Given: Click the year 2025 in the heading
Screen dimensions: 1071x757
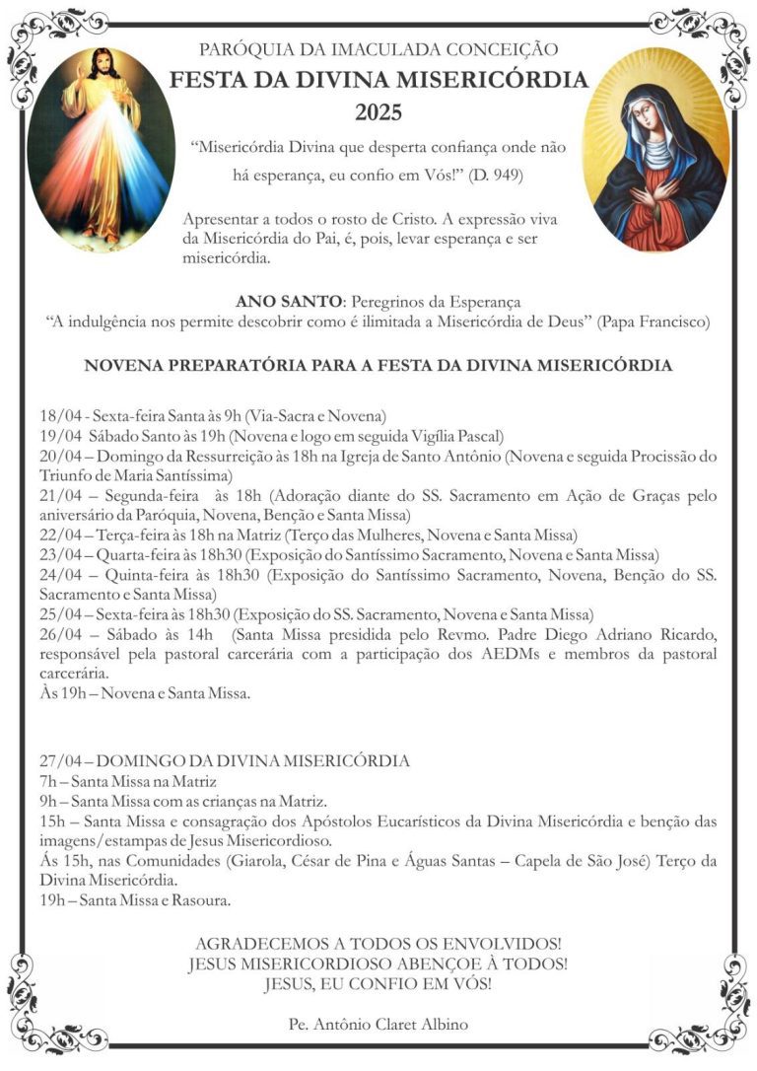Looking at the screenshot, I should [378, 112].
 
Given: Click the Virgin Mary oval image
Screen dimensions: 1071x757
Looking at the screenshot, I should [656, 148].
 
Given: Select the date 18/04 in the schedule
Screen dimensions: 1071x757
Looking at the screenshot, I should [58, 416].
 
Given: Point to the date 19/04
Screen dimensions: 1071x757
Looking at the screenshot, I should [58, 436].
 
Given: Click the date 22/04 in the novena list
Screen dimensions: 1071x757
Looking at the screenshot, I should [58, 535].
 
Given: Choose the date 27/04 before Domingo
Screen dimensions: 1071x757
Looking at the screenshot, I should [58, 761].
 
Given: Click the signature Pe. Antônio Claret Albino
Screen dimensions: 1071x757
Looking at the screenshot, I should [378, 1024].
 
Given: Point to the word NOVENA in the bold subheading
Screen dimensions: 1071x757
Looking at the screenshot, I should [122, 365].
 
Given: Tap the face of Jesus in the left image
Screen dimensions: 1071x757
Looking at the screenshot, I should [103, 66].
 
